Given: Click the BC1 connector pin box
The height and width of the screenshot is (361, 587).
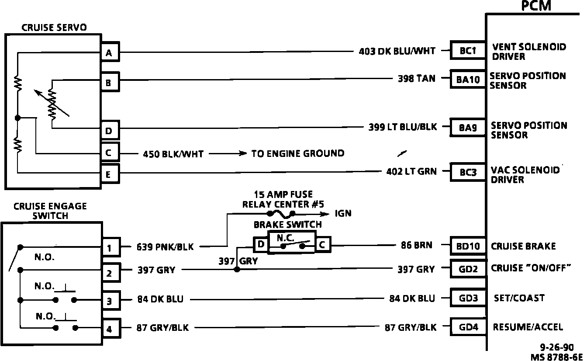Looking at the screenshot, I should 467,51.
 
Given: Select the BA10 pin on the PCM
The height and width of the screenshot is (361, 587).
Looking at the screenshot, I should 467,80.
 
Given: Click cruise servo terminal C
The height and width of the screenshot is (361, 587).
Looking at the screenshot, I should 109,153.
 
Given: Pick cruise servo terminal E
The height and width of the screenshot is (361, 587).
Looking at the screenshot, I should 109,175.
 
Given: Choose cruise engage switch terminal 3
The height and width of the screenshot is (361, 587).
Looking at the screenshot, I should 110,301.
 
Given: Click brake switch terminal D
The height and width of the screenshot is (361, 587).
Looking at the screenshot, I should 261,244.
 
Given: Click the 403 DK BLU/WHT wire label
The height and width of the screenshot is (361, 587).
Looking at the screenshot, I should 397,51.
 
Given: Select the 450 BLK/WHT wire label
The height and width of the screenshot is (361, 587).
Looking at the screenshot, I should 173,154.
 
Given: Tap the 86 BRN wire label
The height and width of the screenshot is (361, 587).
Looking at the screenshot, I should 416,245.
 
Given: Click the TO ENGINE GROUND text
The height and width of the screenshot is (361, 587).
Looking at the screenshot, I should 297,153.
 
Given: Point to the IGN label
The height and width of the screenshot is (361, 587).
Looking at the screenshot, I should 343,214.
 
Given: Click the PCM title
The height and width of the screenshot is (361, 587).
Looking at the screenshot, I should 536,6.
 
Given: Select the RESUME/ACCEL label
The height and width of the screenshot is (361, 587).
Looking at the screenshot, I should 528,327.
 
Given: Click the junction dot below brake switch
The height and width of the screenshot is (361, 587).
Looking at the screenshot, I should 237,270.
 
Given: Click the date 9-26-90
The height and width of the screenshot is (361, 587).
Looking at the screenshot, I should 556,348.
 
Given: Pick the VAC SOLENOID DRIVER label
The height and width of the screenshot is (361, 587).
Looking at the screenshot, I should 525,174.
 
